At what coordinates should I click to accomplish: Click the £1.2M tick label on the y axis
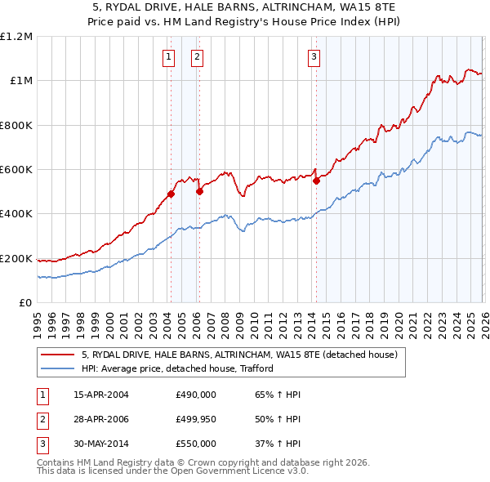[16, 37]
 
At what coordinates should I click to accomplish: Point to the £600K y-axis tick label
[16, 170]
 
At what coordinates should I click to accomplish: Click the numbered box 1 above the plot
[168, 56]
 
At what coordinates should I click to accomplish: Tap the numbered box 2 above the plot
[198, 56]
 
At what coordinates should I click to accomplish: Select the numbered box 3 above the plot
[314, 56]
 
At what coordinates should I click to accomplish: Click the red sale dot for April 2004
[171, 194]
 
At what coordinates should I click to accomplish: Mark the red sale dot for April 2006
[199, 192]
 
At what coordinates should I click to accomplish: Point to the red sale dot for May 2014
[316, 181]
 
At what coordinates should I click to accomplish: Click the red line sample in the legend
[58, 355]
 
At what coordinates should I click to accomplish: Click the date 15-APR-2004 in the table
[101, 395]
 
